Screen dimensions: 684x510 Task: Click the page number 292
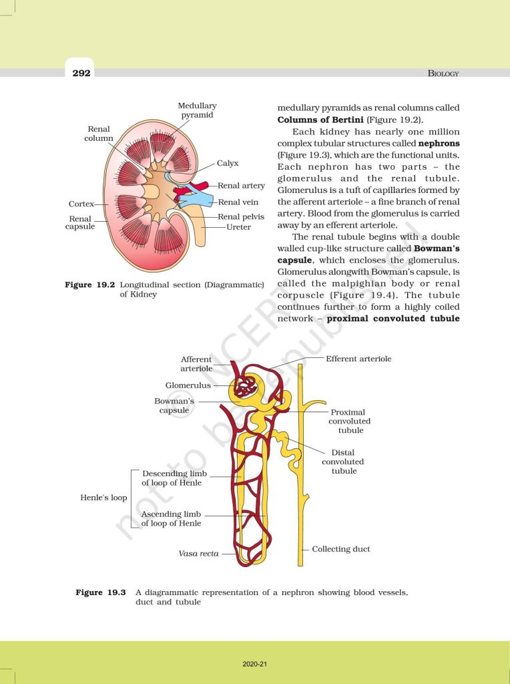pyautogui.click(x=81, y=73)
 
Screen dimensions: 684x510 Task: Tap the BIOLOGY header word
pyautogui.click(x=443, y=73)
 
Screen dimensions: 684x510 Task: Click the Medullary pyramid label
pyautogui.click(x=197, y=110)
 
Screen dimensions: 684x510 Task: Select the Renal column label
pyautogui.click(x=99, y=133)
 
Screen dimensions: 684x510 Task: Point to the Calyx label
pyautogui.click(x=228, y=163)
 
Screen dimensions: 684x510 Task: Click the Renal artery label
pyautogui.click(x=241, y=186)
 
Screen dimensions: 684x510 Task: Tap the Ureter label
pyautogui.click(x=238, y=227)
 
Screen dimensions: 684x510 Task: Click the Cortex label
pyautogui.click(x=81, y=204)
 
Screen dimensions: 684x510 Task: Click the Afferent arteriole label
pyautogui.click(x=196, y=364)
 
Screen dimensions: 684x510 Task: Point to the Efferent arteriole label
pyautogui.click(x=358, y=359)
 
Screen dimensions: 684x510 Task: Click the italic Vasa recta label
pyautogui.click(x=198, y=554)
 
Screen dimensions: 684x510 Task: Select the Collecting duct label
pyautogui.click(x=340, y=549)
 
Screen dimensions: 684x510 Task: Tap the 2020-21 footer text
pyautogui.click(x=254, y=664)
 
